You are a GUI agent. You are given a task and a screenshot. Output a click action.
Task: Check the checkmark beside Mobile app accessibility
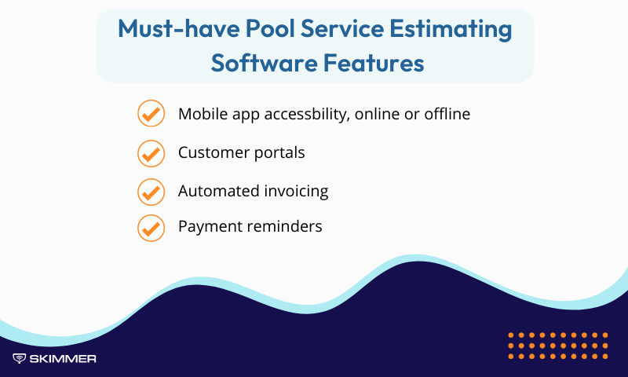(150, 114)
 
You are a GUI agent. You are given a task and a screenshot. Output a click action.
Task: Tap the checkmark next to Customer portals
(150, 152)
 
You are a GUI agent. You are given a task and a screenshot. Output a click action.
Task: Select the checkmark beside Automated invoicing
(150, 191)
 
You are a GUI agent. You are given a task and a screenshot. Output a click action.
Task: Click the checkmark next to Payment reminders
(150, 227)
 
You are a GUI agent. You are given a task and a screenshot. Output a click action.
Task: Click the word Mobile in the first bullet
(201, 114)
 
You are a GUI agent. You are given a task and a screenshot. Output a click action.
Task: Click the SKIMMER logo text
(63, 359)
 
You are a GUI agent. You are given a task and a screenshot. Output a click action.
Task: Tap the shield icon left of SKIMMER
(20, 359)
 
